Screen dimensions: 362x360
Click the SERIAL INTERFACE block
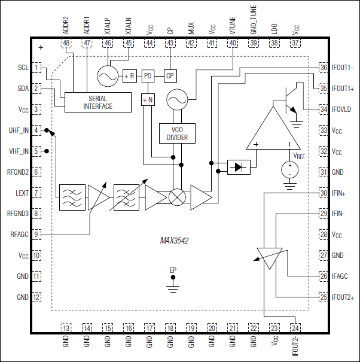click(97, 102)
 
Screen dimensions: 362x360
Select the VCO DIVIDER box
click(177, 133)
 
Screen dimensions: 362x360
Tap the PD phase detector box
click(148, 76)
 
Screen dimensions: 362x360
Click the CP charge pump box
click(170, 76)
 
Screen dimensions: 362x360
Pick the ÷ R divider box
click(130, 76)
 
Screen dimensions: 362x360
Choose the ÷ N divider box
click(148, 100)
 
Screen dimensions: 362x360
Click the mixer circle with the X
click(177, 197)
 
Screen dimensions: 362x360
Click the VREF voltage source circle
click(289, 169)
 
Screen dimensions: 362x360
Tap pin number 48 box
click(66, 43)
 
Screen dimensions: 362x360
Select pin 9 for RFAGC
click(36, 235)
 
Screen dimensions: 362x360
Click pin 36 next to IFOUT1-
click(323, 68)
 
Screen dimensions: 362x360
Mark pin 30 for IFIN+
click(323, 193)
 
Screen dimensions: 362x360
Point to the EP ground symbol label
click(172, 270)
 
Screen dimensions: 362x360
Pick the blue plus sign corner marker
click(41, 47)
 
